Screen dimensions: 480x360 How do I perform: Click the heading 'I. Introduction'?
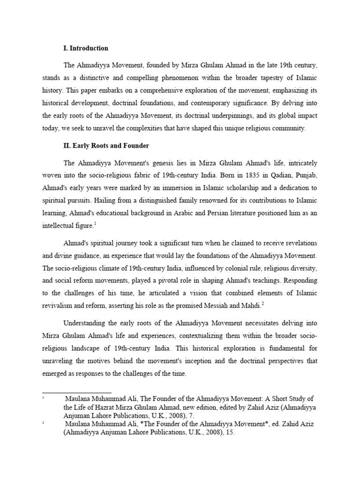(86, 48)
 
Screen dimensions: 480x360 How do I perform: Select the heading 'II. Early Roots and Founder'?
(106, 146)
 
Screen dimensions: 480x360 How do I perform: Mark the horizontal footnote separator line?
(77, 393)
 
